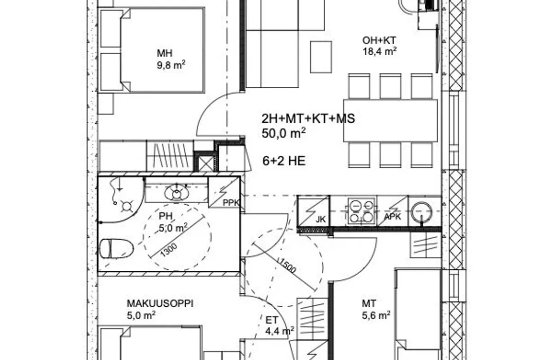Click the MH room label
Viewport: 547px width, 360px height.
tap(164, 53)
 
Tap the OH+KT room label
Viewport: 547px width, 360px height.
tap(379, 40)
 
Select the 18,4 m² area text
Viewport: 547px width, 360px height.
tap(379, 51)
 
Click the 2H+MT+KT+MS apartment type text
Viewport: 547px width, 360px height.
tap(308, 119)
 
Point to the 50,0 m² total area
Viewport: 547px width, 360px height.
tap(284, 133)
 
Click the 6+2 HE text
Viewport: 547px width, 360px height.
tap(284, 161)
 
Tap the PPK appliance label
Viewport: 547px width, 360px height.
tap(231, 203)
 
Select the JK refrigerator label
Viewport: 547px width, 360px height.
tap(321, 219)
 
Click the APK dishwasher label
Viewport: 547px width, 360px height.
tap(392, 217)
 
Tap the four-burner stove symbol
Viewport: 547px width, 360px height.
tap(361, 211)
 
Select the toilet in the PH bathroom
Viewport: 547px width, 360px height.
tap(116, 249)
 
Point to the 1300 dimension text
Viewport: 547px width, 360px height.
tap(169, 250)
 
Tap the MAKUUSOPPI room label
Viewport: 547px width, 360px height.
tap(160, 303)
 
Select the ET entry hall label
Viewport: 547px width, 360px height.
tap(272, 320)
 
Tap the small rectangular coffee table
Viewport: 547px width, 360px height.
tap(321, 57)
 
